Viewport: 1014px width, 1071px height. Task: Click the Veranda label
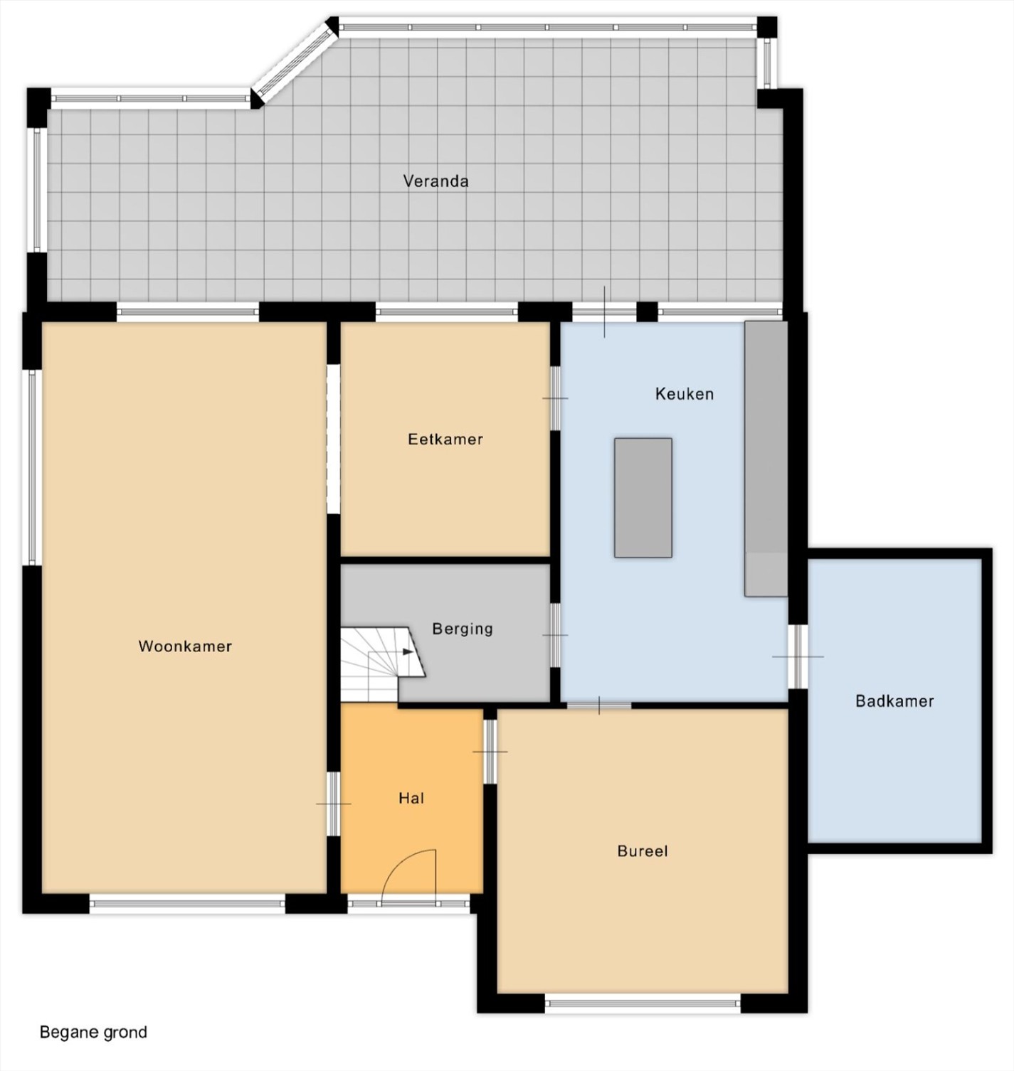click(435, 181)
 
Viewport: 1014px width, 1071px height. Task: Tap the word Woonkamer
click(185, 646)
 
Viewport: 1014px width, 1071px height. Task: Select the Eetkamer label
click(445, 439)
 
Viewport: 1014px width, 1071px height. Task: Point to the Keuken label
click(685, 394)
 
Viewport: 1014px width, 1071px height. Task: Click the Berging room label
click(463, 629)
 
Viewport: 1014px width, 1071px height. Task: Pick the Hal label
click(411, 799)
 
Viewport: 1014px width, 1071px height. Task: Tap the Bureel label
click(643, 851)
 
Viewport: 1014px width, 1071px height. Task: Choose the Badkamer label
click(894, 701)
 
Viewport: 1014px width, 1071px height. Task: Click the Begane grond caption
click(93, 1033)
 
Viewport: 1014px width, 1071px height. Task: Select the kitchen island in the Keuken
click(643, 498)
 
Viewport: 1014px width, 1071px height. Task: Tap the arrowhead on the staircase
click(408, 651)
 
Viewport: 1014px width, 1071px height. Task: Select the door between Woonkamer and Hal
click(333, 804)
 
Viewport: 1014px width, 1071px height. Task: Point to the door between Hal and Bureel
click(490, 752)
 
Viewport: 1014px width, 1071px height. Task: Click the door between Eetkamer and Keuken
click(556, 398)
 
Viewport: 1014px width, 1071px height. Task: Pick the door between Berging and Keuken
click(556, 635)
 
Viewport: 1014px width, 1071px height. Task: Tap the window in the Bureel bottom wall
click(643, 1003)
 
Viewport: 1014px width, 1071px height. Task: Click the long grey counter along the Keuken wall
click(766, 459)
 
